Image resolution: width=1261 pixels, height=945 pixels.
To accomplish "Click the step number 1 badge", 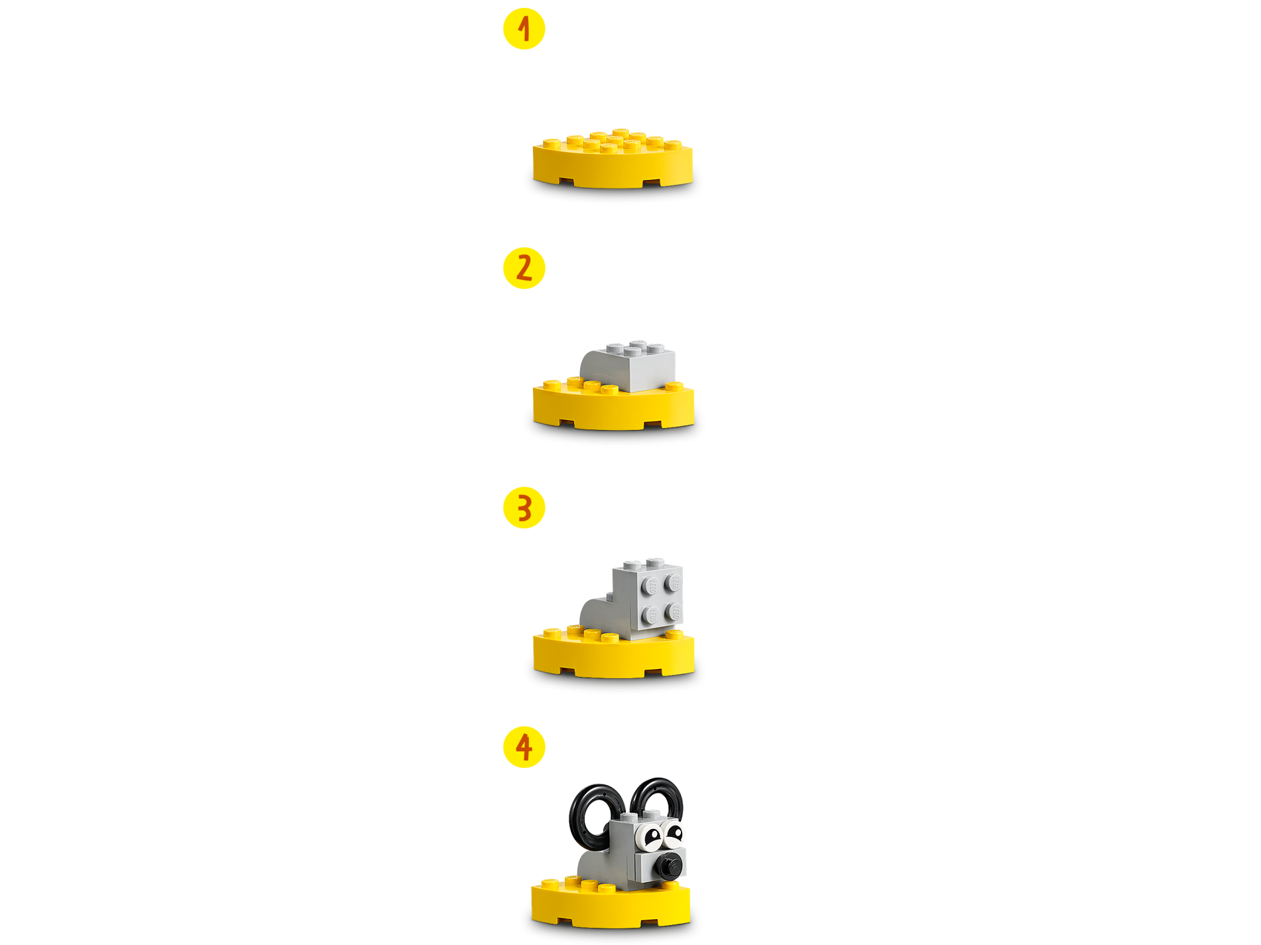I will (524, 29).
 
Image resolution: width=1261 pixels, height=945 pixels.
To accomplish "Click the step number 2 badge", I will (524, 268).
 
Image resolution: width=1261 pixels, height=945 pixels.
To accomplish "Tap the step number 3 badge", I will (524, 508).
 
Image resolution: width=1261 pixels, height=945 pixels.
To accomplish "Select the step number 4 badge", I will (524, 747).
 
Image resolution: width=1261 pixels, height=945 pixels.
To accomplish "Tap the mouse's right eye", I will (673, 831).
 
